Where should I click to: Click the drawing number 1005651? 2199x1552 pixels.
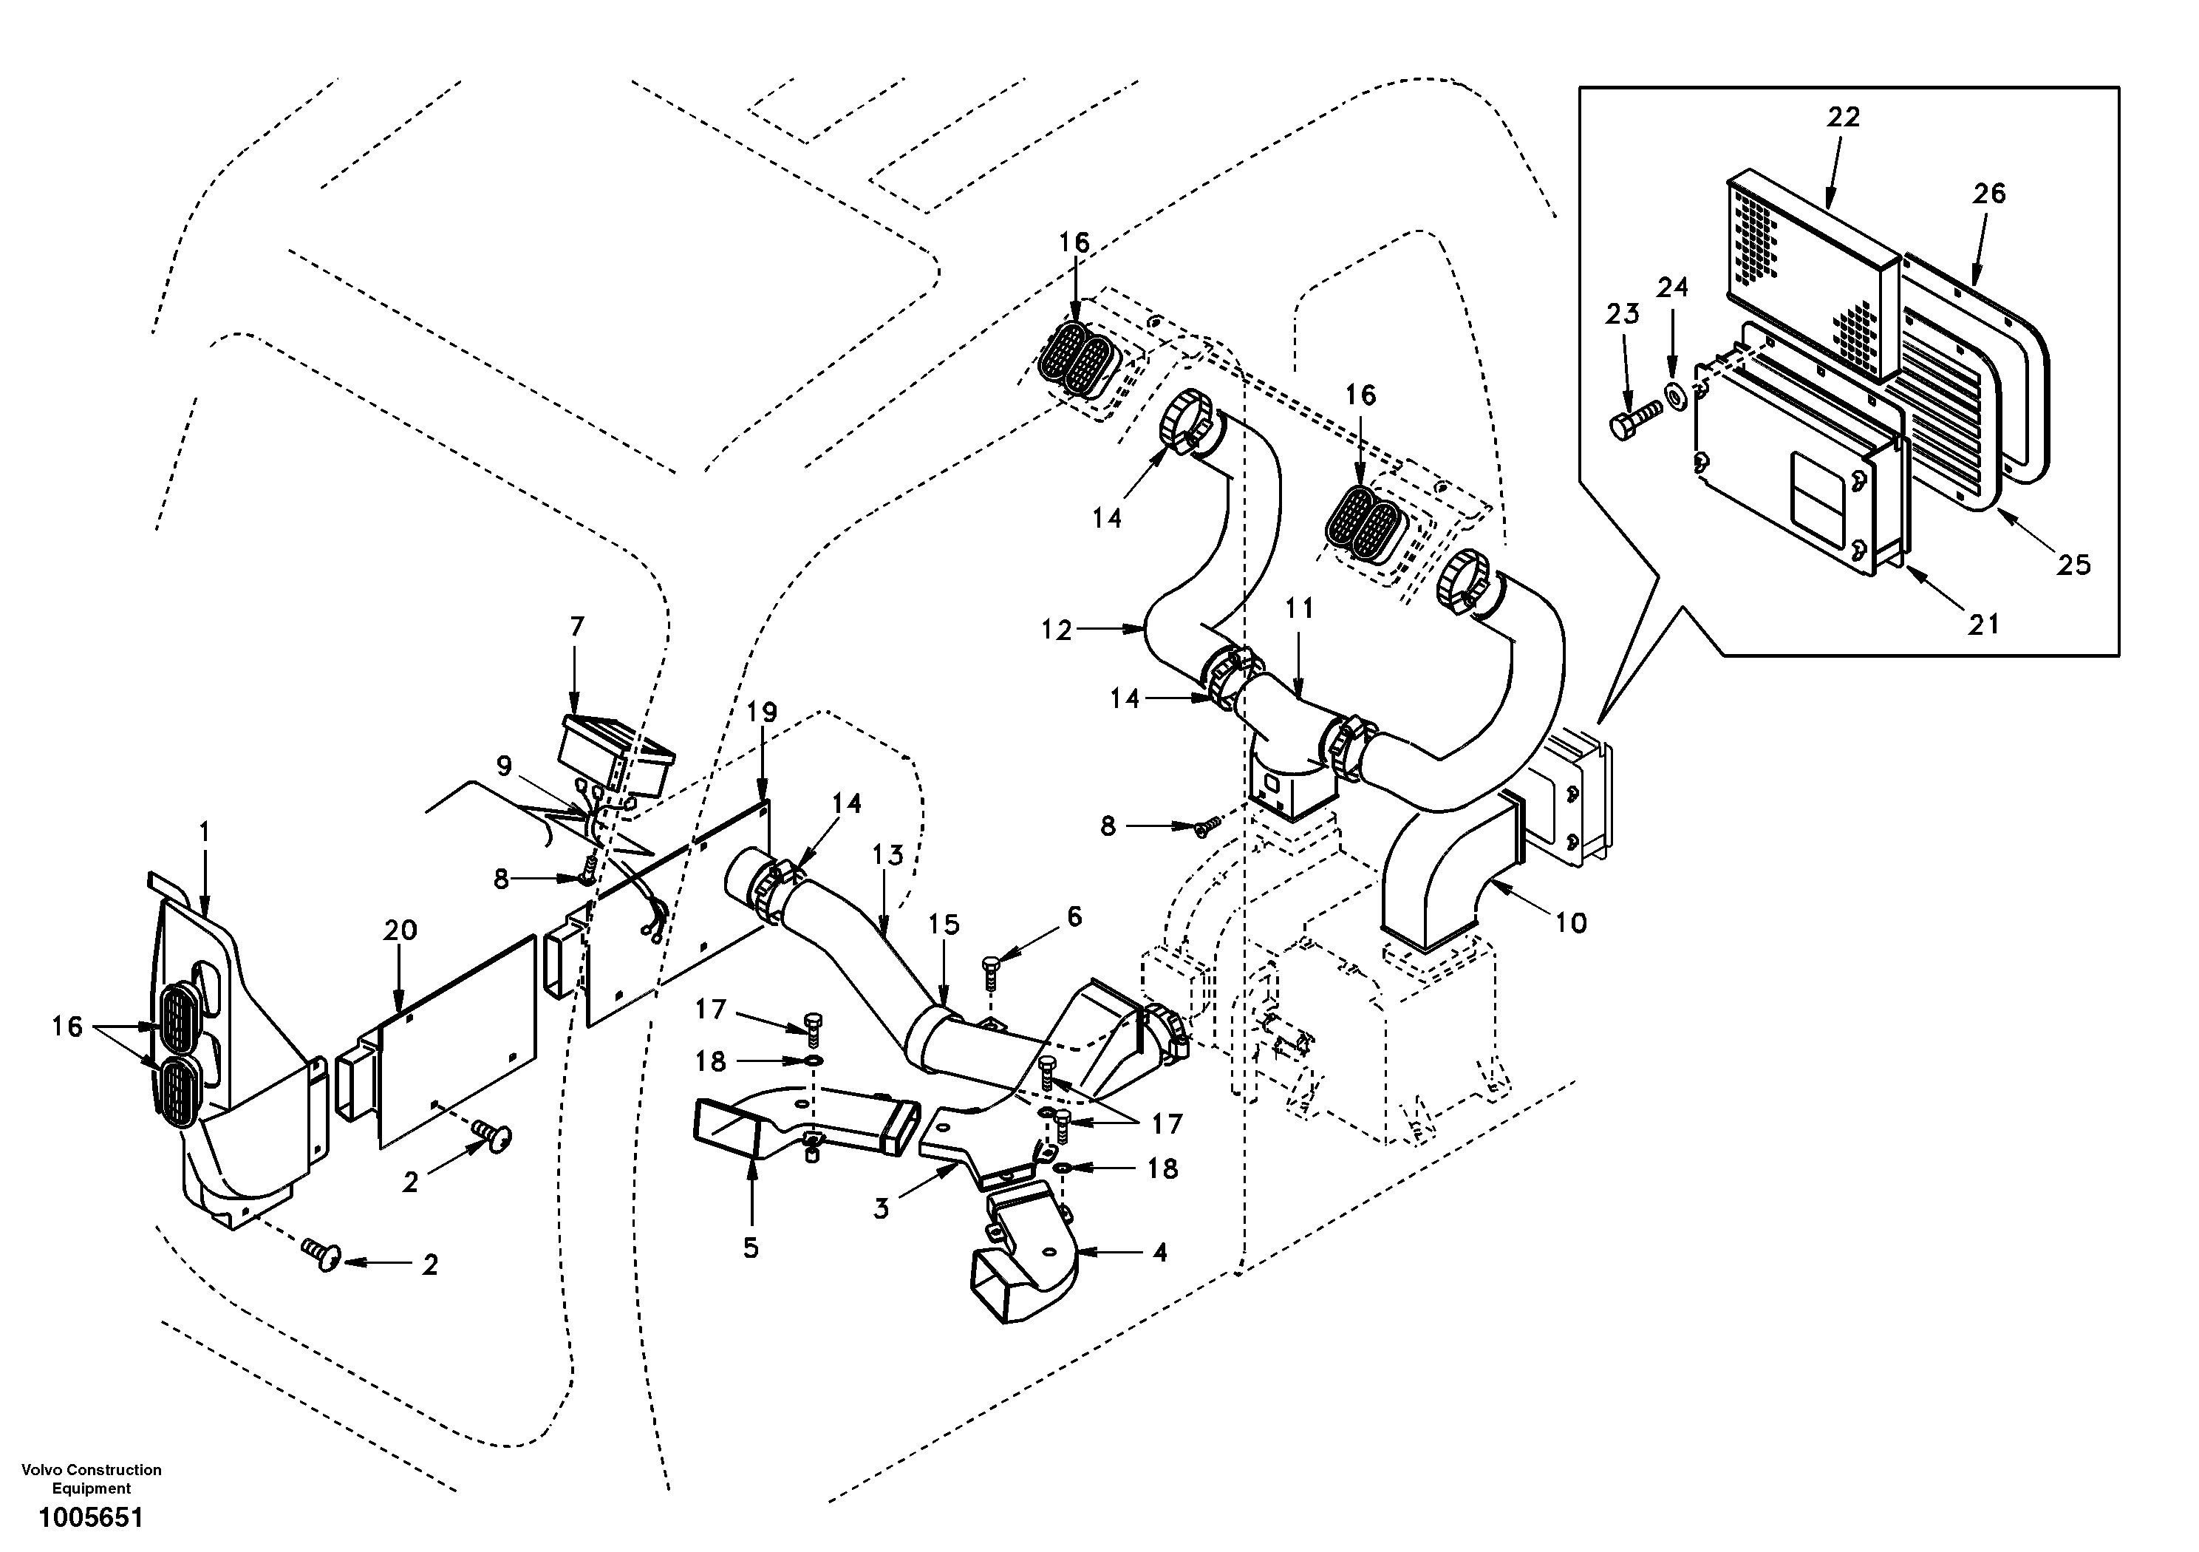(90, 1517)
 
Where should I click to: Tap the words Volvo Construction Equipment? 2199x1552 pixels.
(92, 1479)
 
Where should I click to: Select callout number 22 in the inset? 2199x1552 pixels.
(1843, 117)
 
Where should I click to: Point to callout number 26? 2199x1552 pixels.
(1988, 194)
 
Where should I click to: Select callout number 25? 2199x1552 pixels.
(2073, 565)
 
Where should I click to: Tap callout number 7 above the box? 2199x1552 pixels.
(576, 627)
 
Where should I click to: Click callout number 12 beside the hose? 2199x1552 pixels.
(1057, 630)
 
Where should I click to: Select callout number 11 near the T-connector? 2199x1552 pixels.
(1300, 608)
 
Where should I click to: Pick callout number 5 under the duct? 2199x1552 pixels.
(750, 1248)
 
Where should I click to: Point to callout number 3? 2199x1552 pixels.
(881, 1209)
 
